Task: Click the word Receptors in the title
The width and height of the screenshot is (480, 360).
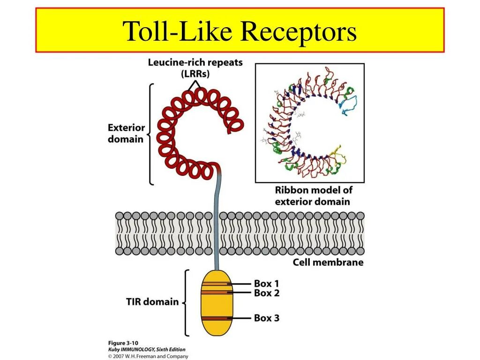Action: point(299,31)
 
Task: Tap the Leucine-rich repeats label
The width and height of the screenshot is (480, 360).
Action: point(195,62)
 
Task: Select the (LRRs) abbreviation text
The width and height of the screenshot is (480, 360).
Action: point(195,74)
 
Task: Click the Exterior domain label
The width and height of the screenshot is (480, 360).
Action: point(126,133)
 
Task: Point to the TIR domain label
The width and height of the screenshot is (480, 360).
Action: point(152,302)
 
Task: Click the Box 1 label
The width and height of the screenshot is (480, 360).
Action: point(267,283)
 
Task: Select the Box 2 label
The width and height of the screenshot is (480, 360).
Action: point(267,293)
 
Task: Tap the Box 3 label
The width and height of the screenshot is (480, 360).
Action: point(267,318)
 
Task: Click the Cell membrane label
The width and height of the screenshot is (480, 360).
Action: point(328,262)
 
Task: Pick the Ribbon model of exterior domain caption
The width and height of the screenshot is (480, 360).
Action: point(313,196)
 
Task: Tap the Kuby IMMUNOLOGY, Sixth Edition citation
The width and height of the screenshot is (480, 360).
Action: point(147,350)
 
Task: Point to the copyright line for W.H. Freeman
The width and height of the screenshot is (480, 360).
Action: point(148,356)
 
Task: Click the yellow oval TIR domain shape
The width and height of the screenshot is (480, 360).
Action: point(217,303)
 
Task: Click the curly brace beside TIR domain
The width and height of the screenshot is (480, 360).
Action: point(185,303)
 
